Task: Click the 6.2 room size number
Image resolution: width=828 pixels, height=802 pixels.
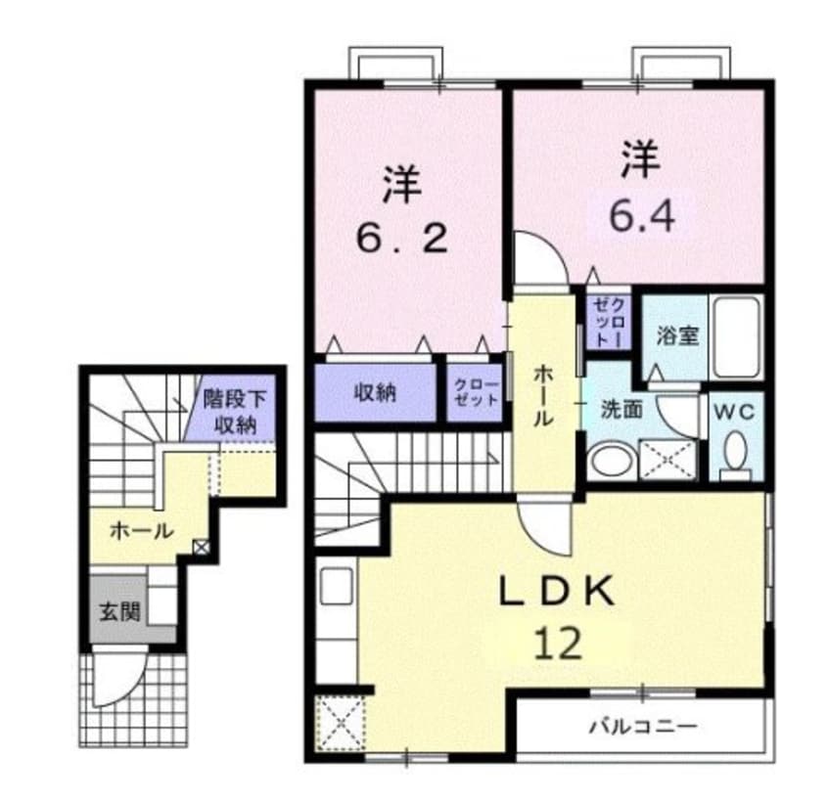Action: [x=401, y=238]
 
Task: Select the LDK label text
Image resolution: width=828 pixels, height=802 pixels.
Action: [x=558, y=592]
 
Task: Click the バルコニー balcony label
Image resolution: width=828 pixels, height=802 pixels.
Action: [x=642, y=727]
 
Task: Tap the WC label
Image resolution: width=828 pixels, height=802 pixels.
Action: [x=736, y=412]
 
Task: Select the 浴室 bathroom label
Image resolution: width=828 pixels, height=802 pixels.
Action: [x=676, y=335]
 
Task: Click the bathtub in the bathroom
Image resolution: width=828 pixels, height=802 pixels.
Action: [x=737, y=337]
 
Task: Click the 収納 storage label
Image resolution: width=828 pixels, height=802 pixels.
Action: [x=374, y=393]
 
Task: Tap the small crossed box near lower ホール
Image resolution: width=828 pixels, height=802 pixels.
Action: [x=201, y=548]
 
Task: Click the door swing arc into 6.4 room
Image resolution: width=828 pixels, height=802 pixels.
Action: [x=540, y=256]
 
